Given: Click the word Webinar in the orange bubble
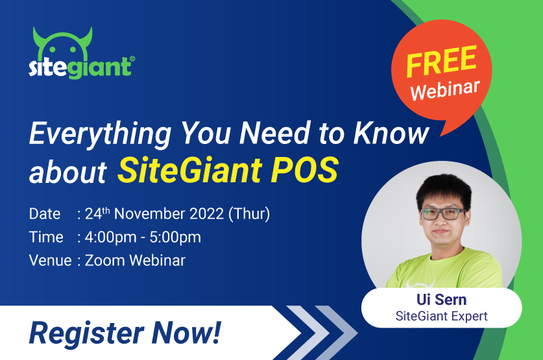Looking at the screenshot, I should point(445,88).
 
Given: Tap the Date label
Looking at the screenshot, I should point(44,213).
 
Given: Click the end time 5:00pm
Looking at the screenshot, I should point(175,237).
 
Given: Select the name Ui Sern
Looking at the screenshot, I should point(441,300).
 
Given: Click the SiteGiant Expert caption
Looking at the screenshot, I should point(441,316).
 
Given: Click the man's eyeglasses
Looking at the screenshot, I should point(442,213).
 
